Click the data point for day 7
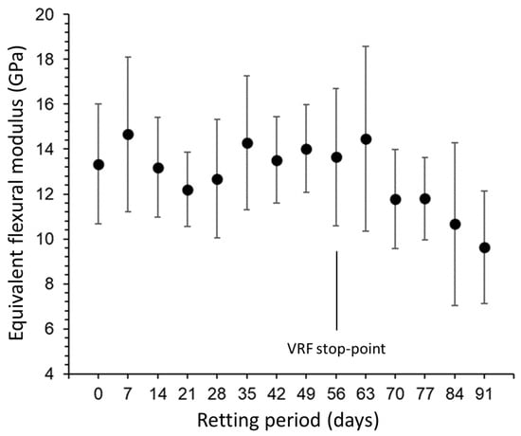tap(128, 135)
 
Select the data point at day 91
tap(484, 247)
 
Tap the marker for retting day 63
tap(366, 139)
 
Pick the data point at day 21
tap(188, 191)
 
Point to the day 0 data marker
tap(99, 165)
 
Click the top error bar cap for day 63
tap(366, 46)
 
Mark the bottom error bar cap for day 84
tap(455, 305)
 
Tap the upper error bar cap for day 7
tap(128, 57)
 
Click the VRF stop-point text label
tap(336, 349)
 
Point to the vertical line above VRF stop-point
tap(336, 291)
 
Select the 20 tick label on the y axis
tap(45, 14)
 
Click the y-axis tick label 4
tap(50, 374)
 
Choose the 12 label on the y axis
tap(45, 194)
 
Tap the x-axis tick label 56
tap(336, 394)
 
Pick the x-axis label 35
tap(247, 394)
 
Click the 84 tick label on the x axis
tap(455, 394)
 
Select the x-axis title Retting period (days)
tap(288, 421)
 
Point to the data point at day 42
tap(277, 160)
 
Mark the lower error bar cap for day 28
tap(217, 238)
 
